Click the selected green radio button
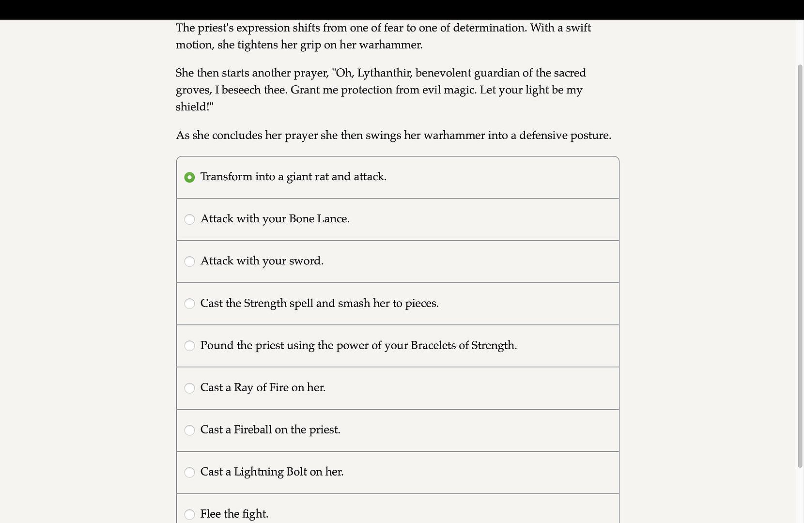click(x=189, y=177)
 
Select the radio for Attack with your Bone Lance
click(x=189, y=219)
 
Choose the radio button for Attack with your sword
click(x=189, y=261)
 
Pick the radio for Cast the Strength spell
click(x=189, y=304)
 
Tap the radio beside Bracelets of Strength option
click(x=189, y=346)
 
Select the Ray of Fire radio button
click(x=189, y=388)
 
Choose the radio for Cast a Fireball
click(x=189, y=430)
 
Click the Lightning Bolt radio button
click(x=189, y=472)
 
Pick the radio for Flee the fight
click(x=189, y=514)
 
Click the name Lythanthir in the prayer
click(x=384, y=73)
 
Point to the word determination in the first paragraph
click(x=489, y=28)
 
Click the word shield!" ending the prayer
click(x=194, y=107)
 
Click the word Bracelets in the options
click(x=433, y=346)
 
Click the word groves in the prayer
click(x=193, y=91)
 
